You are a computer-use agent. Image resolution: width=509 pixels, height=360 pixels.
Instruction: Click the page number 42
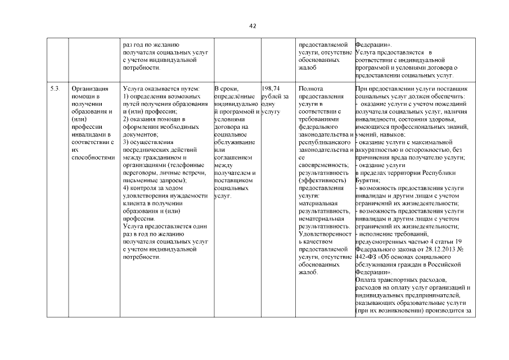[x=254, y=26]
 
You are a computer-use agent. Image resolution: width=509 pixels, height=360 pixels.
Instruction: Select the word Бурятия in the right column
[x=367, y=181]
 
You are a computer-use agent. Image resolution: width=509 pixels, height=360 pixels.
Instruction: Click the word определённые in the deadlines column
[x=232, y=96]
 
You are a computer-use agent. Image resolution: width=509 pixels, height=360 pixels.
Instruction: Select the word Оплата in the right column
[x=367, y=280]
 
